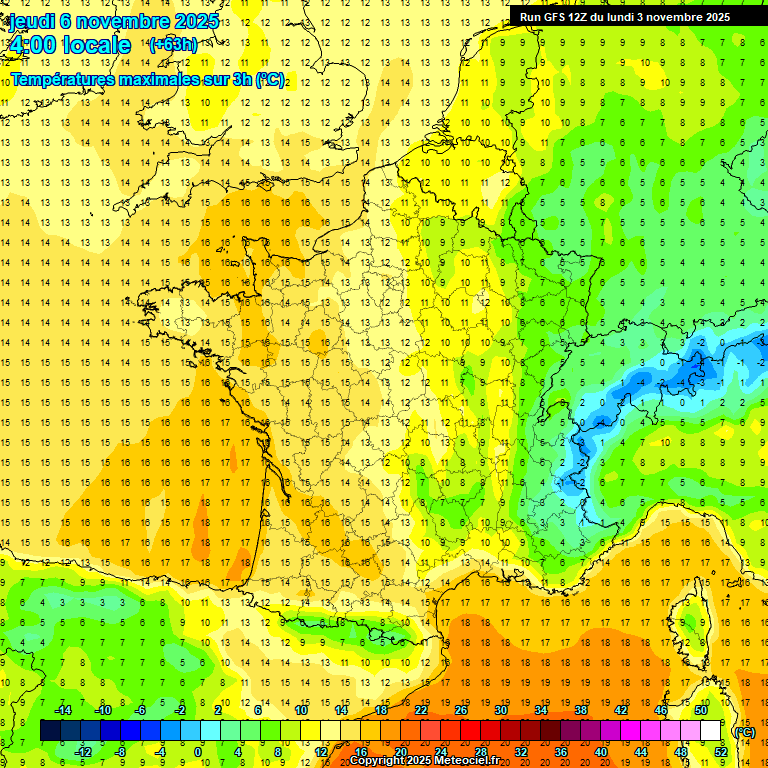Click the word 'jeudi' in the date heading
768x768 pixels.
point(32,21)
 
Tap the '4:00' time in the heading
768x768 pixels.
point(34,45)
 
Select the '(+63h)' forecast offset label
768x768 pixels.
point(173,44)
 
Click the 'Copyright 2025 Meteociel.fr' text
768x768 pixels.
point(424,761)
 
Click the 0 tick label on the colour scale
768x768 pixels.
point(198,751)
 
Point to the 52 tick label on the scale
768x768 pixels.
point(720,751)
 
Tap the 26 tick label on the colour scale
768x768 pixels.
point(461,710)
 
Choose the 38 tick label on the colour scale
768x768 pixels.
point(580,710)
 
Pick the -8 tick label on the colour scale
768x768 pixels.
point(120,751)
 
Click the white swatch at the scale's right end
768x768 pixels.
point(710,730)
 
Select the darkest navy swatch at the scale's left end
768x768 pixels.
point(50,730)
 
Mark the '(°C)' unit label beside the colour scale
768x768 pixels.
point(744,731)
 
